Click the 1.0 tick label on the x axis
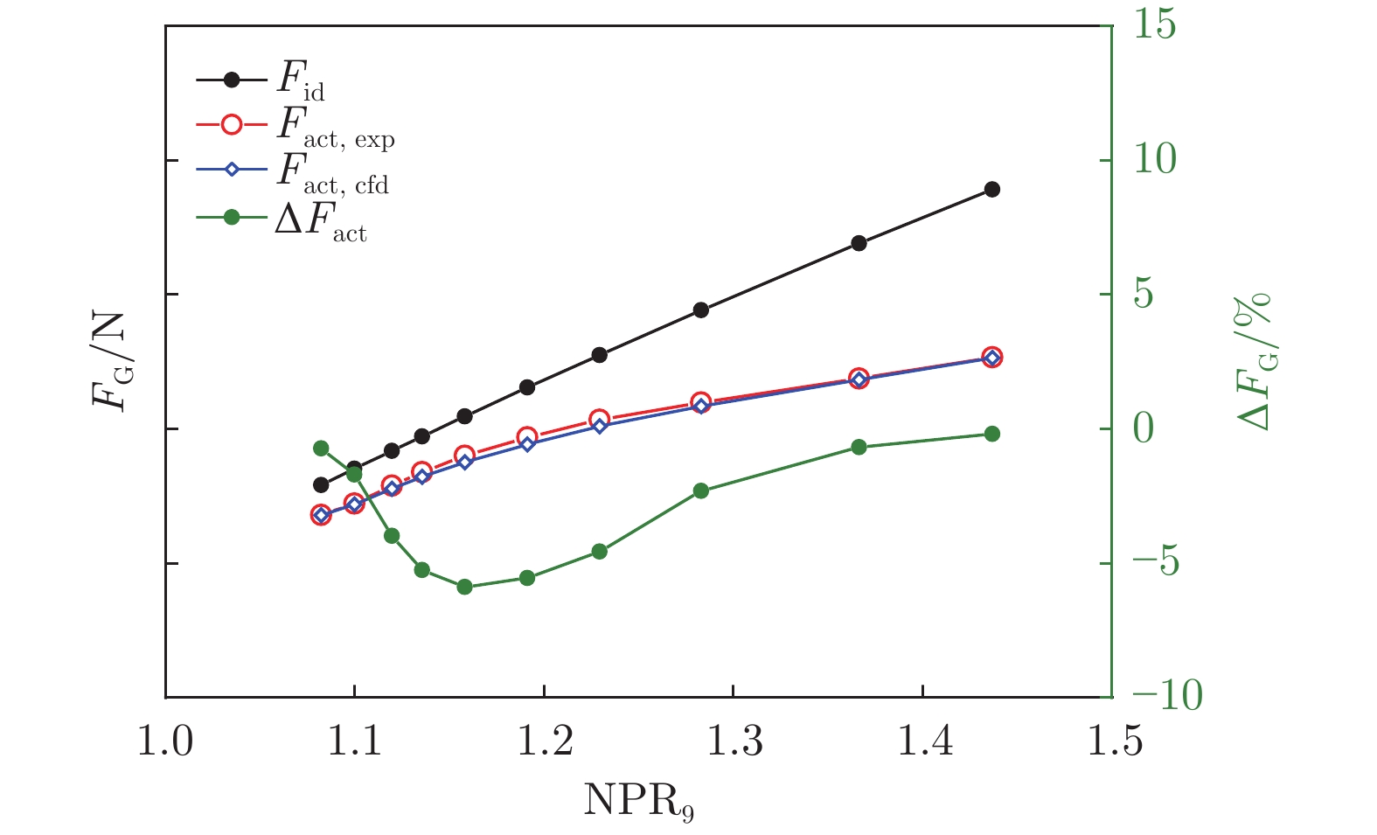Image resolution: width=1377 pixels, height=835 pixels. [x=165, y=743]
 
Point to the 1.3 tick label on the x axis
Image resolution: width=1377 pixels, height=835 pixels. [x=733, y=743]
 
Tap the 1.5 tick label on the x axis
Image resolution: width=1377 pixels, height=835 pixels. [x=1111, y=743]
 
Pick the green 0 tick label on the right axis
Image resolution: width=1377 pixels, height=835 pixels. [x=1144, y=428]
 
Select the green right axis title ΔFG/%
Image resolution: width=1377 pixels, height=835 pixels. [x=1254, y=361]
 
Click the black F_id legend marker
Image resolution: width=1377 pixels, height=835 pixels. [x=232, y=80]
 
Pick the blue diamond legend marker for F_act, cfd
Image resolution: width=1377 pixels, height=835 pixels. [x=232, y=170]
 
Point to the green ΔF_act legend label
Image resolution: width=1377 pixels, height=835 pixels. [x=320, y=221]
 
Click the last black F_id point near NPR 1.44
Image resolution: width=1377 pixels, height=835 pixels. [x=991, y=190]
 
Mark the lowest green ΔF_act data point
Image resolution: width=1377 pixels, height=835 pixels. [x=464, y=587]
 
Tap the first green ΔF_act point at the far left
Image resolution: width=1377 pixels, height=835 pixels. [x=321, y=448]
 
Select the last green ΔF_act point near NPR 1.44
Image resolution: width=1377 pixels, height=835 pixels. [x=991, y=434]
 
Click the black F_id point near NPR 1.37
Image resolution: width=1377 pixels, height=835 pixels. [x=859, y=243]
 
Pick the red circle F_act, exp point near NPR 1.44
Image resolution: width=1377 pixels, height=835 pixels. [x=991, y=357]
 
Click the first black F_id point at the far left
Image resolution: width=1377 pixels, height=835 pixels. [x=321, y=484]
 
